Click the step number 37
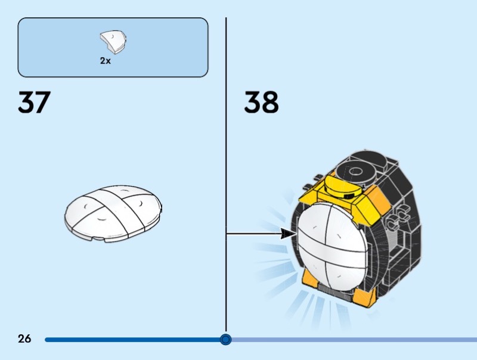coord(34,103)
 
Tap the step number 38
coord(261,103)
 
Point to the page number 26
coord(24,339)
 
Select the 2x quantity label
coord(106,61)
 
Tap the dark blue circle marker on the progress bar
coord(225,339)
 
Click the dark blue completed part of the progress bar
coord(131,340)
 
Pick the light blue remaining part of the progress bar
coord(358,340)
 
